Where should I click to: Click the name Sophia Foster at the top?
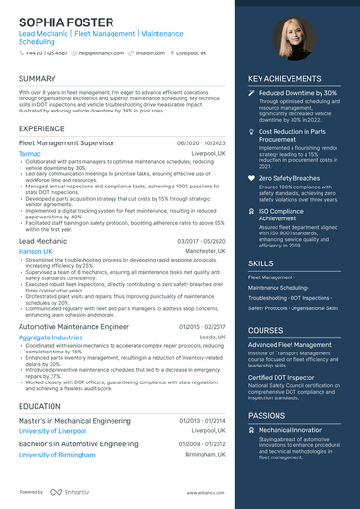click(66, 22)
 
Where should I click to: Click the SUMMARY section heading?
click(37, 79)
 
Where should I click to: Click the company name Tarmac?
click(30, 152)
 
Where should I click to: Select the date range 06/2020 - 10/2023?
click(201, 142)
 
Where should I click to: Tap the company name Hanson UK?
click(36, 252)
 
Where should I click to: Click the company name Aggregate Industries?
click(51, 337)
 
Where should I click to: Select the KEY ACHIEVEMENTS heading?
click(286, 79)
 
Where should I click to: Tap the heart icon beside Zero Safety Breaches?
click(251, 177)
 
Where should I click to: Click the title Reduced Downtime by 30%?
click(297, 94)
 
